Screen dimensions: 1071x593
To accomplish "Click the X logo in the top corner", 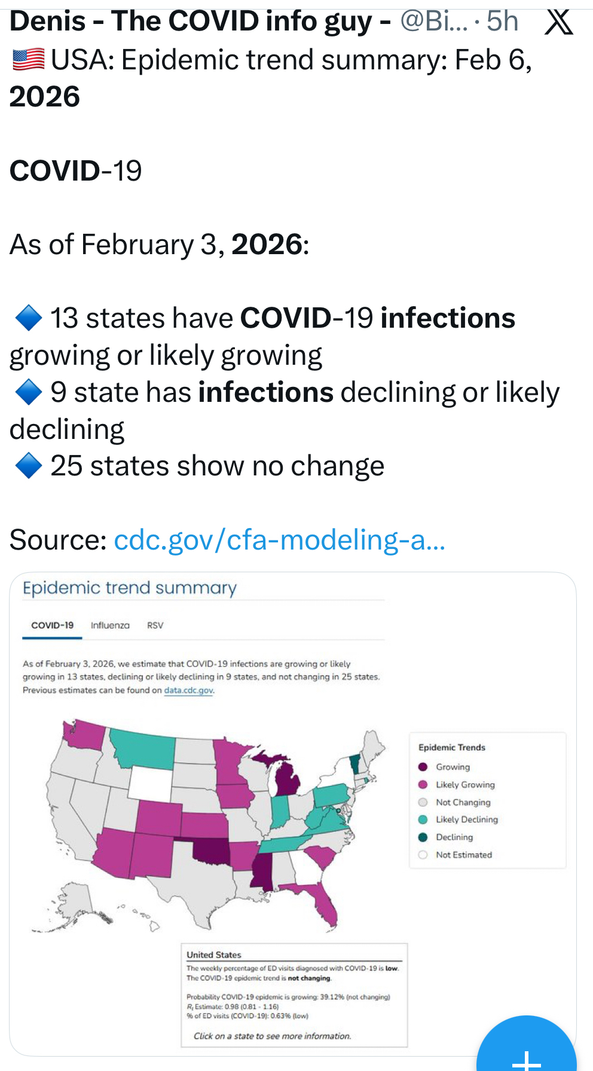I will (559, 22).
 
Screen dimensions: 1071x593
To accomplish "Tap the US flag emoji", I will (28, 60).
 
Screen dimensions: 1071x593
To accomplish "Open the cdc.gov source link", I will (279, 540).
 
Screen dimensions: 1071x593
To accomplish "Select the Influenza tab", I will (110, 625).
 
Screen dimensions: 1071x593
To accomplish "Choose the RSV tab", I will (155, 625).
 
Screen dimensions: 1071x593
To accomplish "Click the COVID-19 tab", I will (52, 625).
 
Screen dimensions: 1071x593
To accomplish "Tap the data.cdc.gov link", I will (188, 690).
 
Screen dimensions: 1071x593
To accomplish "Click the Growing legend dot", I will (423, 767).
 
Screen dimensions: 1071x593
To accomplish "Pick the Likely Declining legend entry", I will (466, 819).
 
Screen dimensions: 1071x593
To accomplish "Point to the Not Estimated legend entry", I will (463, 855).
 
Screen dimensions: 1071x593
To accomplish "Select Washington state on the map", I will (84, 735).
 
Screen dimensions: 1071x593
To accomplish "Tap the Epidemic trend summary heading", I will (130, 588).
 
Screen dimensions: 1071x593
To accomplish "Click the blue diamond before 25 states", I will (28, 466).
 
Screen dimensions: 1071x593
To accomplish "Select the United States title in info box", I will (213, 954).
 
